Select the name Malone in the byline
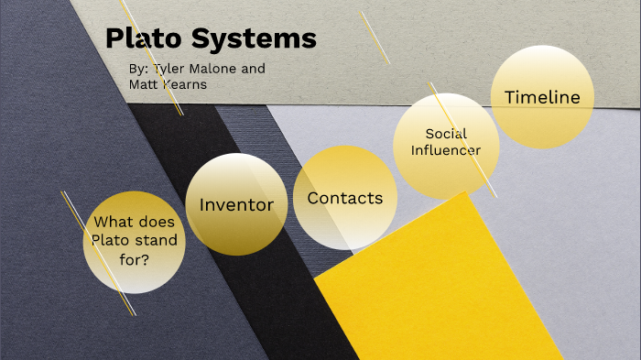(221, 69)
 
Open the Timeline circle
(542, 97)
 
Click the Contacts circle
(344, 198)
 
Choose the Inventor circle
(236, 204)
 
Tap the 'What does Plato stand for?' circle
(135, 241)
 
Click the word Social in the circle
(446, 134)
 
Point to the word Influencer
(446, 150)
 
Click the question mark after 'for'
(147, 259)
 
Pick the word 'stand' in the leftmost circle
(159, 240)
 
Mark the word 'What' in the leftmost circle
(114, 222)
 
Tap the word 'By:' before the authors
(140, 69)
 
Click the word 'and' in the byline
(255, 69)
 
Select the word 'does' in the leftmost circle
(156, 222)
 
